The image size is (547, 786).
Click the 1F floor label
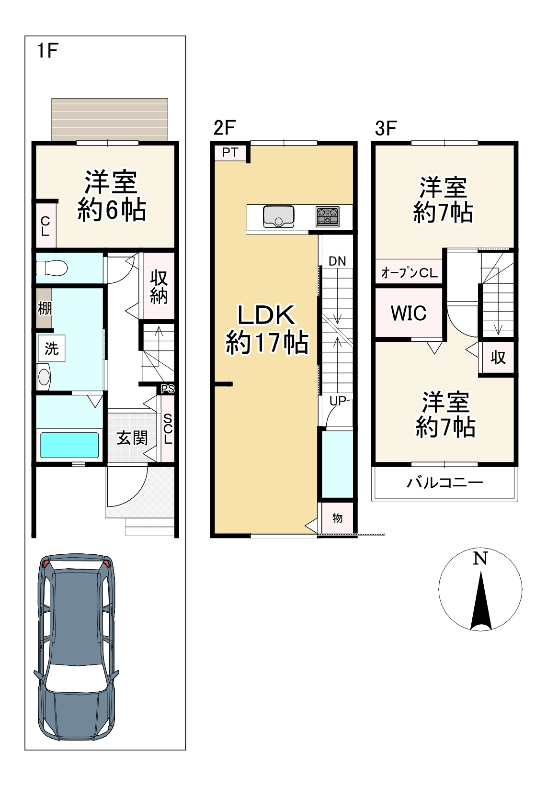coord(47,50)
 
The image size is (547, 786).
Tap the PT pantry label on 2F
coord(230,152)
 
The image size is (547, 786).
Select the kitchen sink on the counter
coord(278,216)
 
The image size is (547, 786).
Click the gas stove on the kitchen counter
coord(328,216)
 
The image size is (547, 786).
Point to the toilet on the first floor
coord(52,269)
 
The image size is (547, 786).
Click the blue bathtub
coord(69,445)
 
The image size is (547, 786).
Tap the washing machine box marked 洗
coord(52,348)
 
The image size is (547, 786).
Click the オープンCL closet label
coord(409,273)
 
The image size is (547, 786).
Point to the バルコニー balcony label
coord(444,483)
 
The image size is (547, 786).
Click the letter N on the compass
coord(480,558)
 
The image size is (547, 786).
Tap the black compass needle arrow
coord(480,601)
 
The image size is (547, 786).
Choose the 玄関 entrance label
coord(132,438)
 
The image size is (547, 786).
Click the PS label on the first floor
coord(168,389)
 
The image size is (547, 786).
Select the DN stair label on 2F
coord(337,261)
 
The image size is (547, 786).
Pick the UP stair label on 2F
coord(337,400)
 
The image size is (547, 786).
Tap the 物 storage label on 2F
coord(337,518)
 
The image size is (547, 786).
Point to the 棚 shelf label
coord(45,308)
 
